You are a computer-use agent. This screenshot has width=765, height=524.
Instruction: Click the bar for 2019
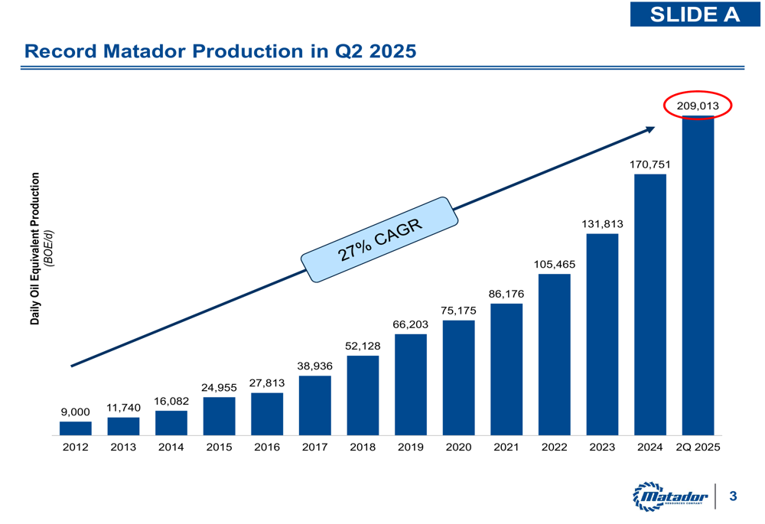point(411,384)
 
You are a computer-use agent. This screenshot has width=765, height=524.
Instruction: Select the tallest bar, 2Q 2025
point(698,275)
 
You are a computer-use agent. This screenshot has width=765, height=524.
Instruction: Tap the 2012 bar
point(76,428)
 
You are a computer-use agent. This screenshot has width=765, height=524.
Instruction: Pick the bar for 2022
point(554,354)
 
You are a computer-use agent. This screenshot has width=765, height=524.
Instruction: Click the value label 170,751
point(650,163)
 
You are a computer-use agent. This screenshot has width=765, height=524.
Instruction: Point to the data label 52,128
point(363,346)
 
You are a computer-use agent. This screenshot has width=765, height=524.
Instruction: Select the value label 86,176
point(506,293)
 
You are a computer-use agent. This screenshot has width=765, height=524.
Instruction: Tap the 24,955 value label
point(220,387)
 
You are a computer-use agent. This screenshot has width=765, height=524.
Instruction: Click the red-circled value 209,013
point(698,106)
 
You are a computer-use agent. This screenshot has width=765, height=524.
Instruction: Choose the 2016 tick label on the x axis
point(267,447)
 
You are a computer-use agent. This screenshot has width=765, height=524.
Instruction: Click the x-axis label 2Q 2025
point(698,447)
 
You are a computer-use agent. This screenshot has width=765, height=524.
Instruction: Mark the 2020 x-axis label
point(458,447)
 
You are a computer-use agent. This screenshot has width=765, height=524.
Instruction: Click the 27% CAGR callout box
point(380,240)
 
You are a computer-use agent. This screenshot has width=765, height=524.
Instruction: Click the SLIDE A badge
point(695,14)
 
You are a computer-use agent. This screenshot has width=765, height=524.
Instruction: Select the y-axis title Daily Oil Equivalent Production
point(34,249)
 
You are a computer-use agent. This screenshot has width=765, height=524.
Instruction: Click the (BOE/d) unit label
point(48,249)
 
